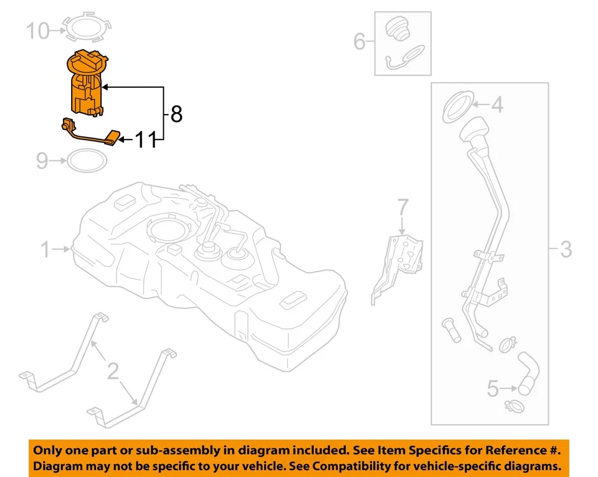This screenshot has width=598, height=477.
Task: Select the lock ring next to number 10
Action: (x=87, y=28)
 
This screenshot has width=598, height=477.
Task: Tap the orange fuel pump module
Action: (x=87, y=84)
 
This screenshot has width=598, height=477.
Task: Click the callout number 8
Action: (x=176, y=115)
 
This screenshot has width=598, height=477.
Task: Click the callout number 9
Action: (x=42, y=162)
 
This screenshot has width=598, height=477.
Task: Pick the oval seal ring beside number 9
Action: (x=86, y=161)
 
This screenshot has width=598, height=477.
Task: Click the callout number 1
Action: (x=45, y=250)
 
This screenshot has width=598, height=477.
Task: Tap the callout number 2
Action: (x=112, y=372)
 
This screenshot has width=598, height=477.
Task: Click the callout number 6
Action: (x=359, y=42)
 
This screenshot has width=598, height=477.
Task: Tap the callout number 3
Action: (x=565, y=250)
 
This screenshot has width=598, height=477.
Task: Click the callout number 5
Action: (x=493, y=390)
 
